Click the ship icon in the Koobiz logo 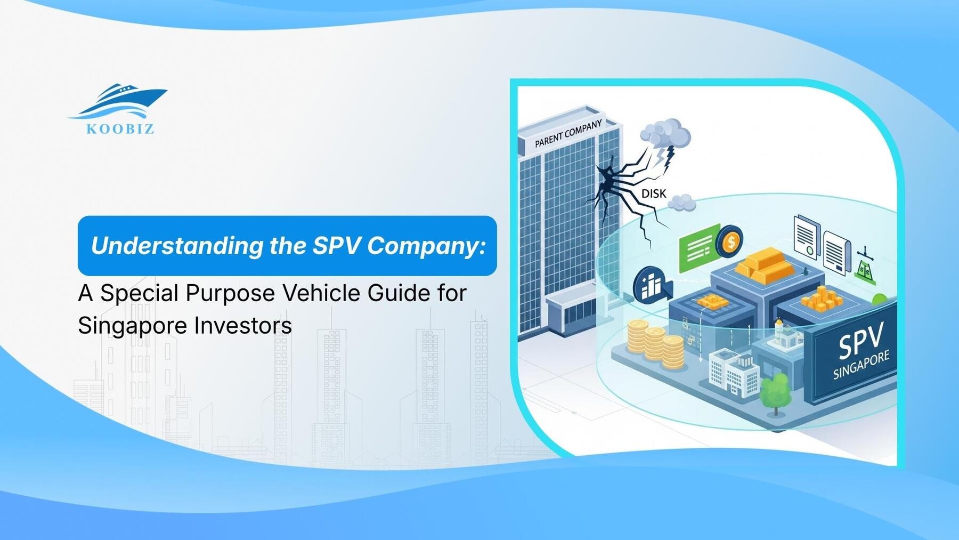click(x=119, y=101)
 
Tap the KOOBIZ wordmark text click(x=120, y=129)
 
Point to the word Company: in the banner click(x=426, y=246)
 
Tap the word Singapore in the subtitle click(x=133, y=326)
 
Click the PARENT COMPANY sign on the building click(x=568, y=133)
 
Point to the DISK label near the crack click(x=653, y=194)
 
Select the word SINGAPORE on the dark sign click(x=862, y=365)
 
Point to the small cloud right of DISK click(x=682, y=203)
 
